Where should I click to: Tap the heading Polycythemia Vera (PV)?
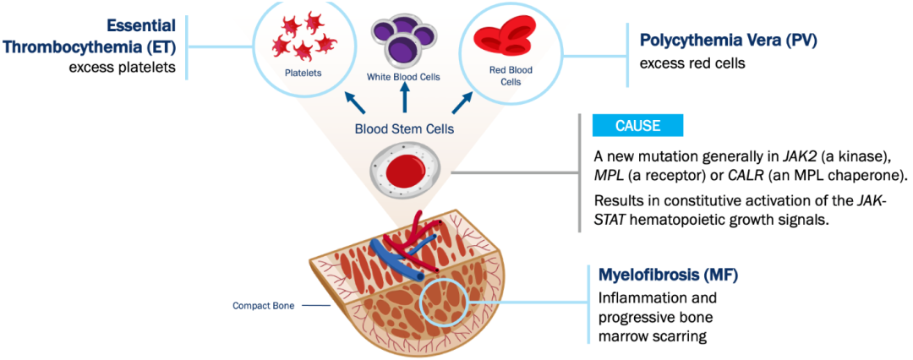tap(716, 40)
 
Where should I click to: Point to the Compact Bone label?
tap(263, 306)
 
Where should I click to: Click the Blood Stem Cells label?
tap(404, 129)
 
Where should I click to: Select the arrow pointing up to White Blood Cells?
tap(405, 99)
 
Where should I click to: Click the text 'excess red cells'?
tap(692, 63)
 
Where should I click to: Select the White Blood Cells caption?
tap(403, 77)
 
